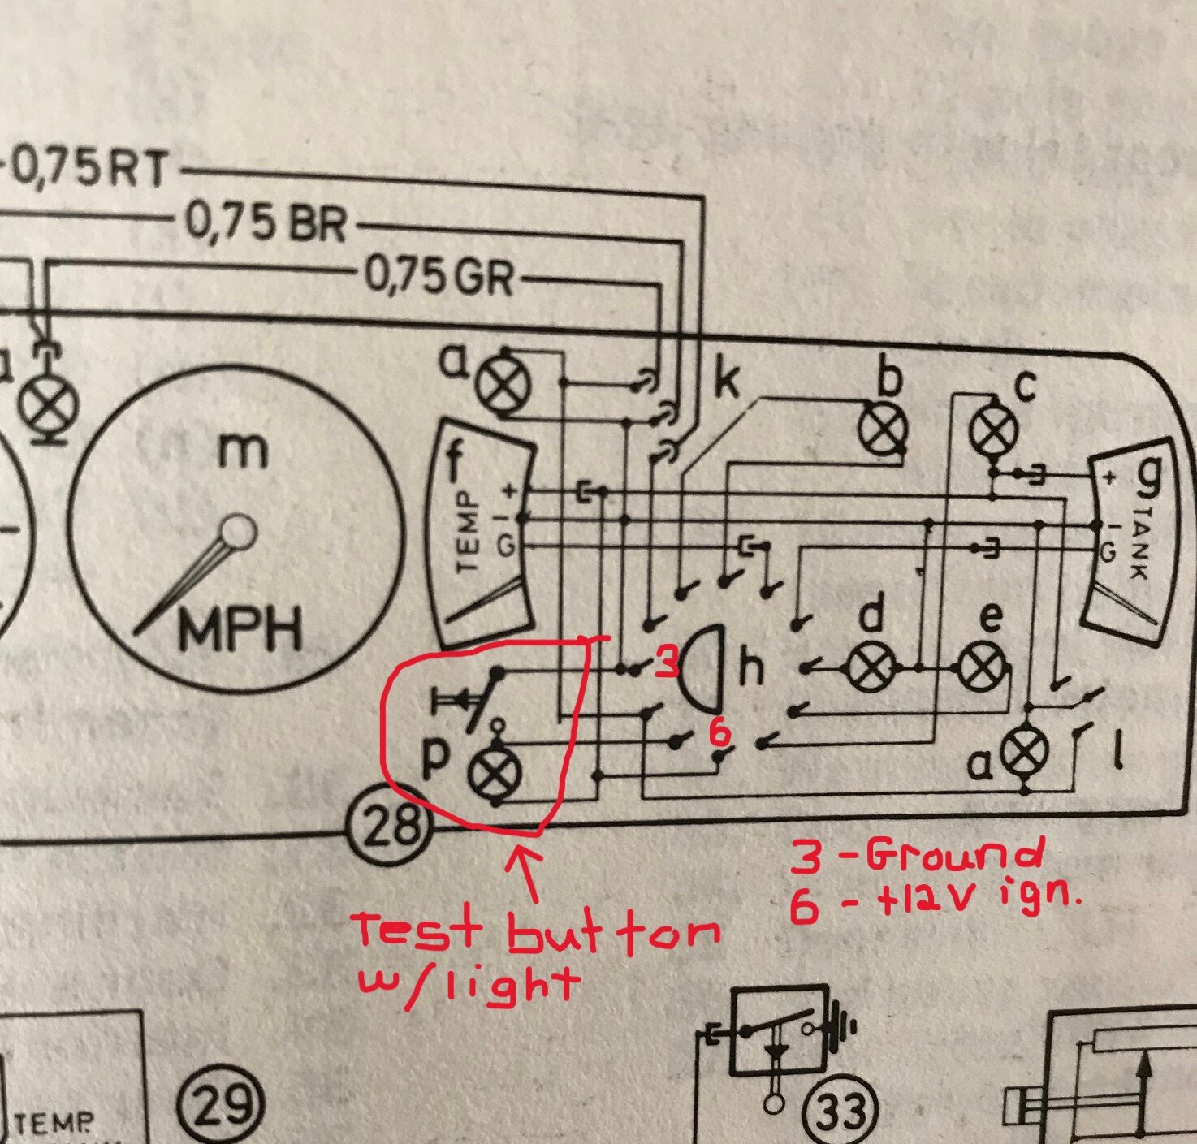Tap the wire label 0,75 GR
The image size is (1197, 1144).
point(439,277)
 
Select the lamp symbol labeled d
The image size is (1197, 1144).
point(869,668)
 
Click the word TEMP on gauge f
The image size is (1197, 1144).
point(469,532)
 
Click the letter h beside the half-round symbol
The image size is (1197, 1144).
point(750,668)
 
